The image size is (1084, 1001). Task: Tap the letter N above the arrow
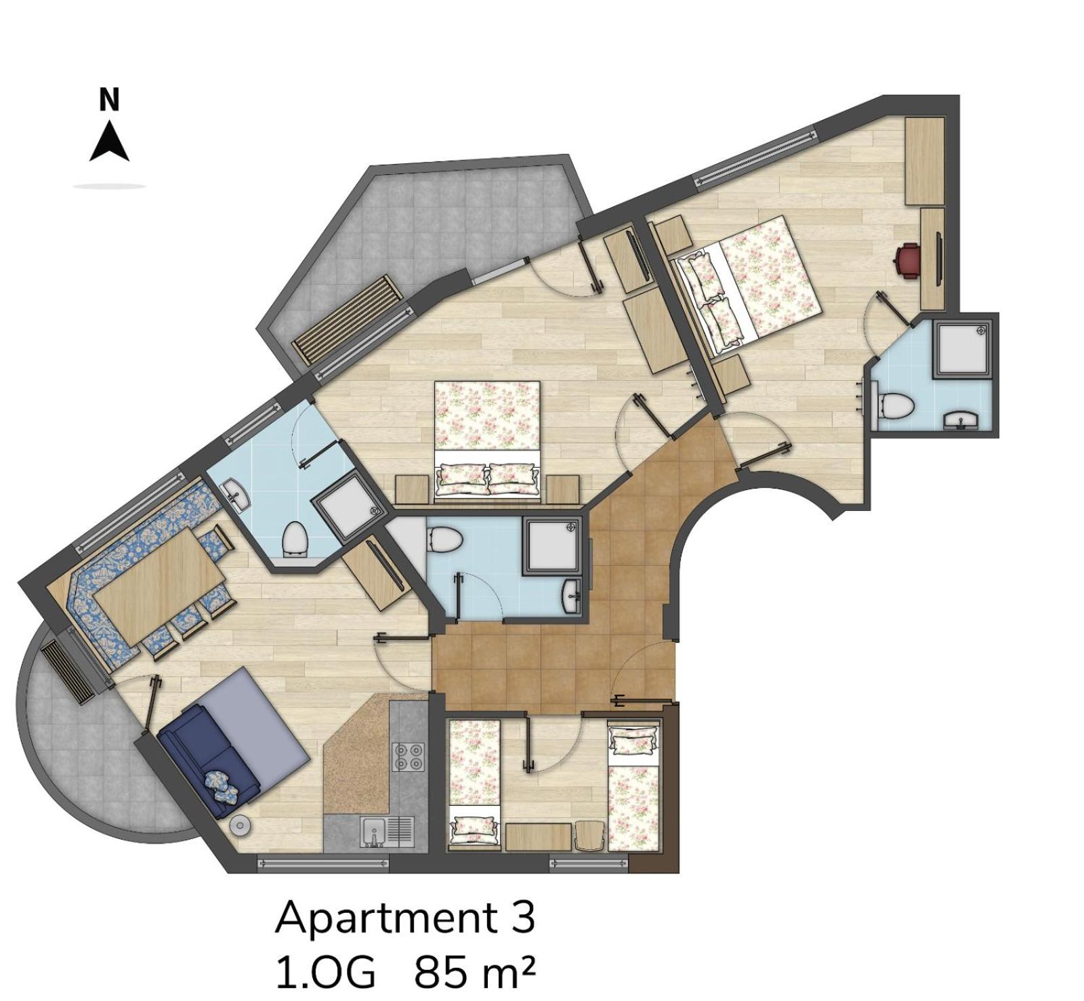[109, 99]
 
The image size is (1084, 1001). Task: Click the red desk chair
[906, 260]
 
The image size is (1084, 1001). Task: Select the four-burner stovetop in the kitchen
[409, 757]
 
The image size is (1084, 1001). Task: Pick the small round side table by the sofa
[241, 825]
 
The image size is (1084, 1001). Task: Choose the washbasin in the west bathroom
[236, 494]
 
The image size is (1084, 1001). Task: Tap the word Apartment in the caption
[385, 918]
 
